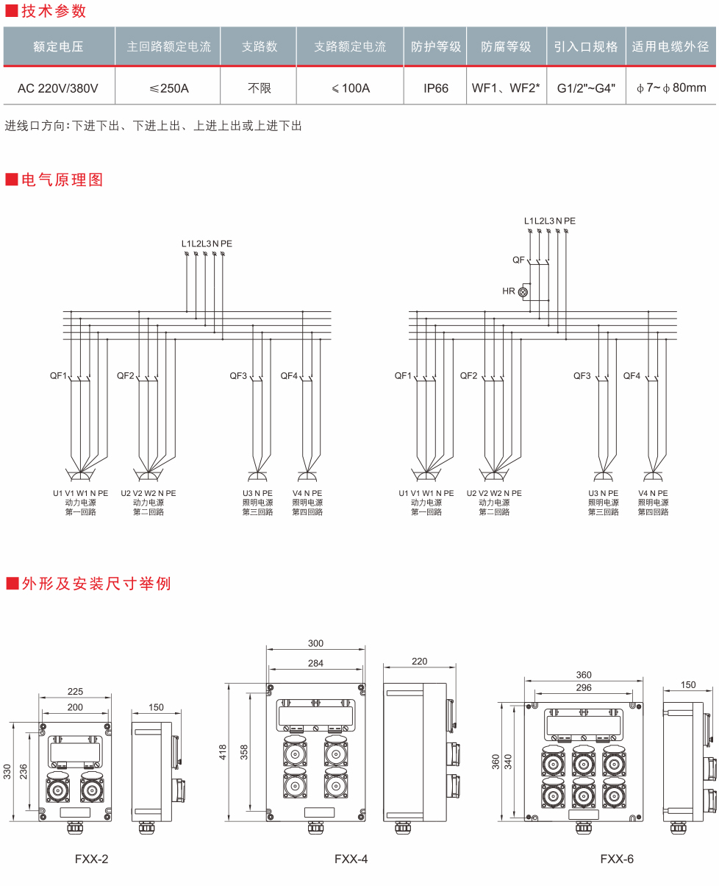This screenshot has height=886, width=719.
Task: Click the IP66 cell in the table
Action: (x=436, y=88)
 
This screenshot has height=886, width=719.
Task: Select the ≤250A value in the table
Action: (x=169, y=88)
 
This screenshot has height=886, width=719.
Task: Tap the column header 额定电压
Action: (x=59, y=46)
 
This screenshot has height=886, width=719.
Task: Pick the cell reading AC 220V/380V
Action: (x=58, y=88)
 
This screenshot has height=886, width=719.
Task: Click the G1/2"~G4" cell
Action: (x=586, y=88)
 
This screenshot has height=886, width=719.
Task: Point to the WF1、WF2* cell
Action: (x=506, y=88)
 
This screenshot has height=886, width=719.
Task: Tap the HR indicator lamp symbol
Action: (x=523, y=291)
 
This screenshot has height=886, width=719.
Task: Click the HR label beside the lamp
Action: (x=509, y=291)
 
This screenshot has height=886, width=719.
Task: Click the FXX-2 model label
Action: (x=92, y=858)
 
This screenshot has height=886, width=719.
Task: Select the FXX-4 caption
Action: (x=351, y=858)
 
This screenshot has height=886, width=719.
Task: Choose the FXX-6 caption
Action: (x=617, y=858)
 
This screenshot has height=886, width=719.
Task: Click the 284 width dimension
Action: (x=315, y=663)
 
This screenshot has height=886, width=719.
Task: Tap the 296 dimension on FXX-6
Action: (x=584, y=687)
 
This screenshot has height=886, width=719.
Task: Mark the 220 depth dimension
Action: (x=419, y=661)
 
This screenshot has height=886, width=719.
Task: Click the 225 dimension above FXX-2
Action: (x=75, y=691)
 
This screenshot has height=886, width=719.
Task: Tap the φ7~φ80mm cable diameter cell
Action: (x=671, y=88)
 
